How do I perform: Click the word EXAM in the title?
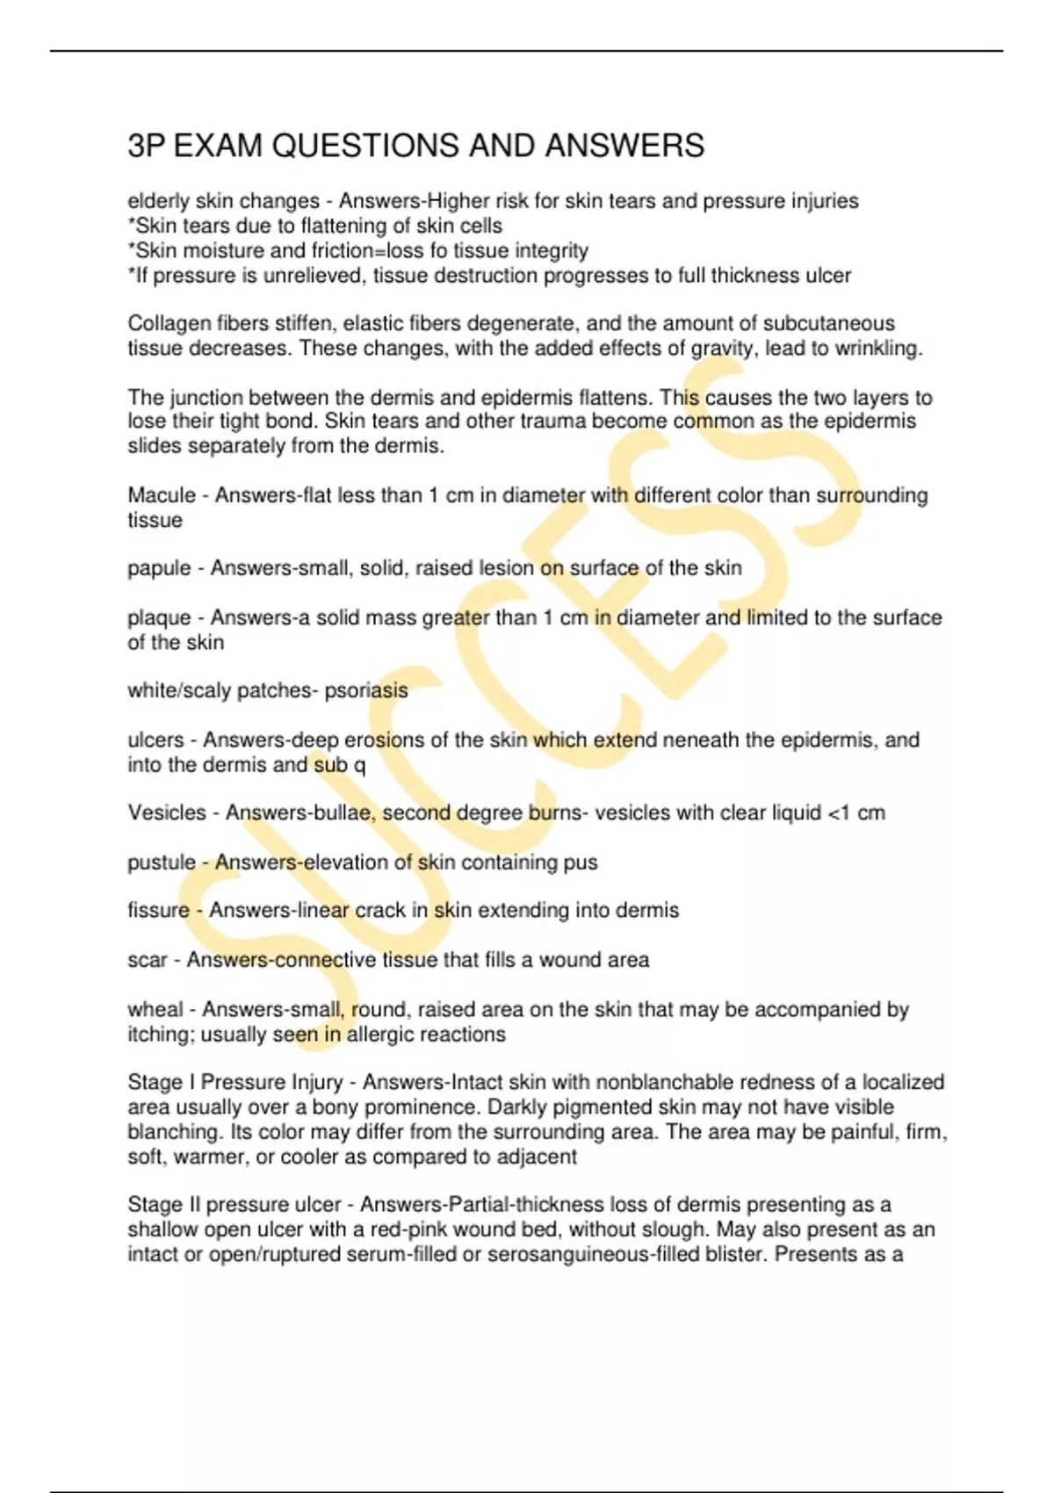(x=218, y=146)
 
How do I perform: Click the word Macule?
(x=162, y=495)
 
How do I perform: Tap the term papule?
(x=159, y=569)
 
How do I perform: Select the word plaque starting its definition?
(x=159, y=618)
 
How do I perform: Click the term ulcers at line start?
(x=155, y=740)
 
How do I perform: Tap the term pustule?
(x=162, y=862)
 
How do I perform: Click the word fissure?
(x=158, y=911)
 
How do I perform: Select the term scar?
(x=147, y=960)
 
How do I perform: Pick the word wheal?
(x=155, y=1010)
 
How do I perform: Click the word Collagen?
(x=169, y=324)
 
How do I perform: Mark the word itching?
(x=161, y=1035)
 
